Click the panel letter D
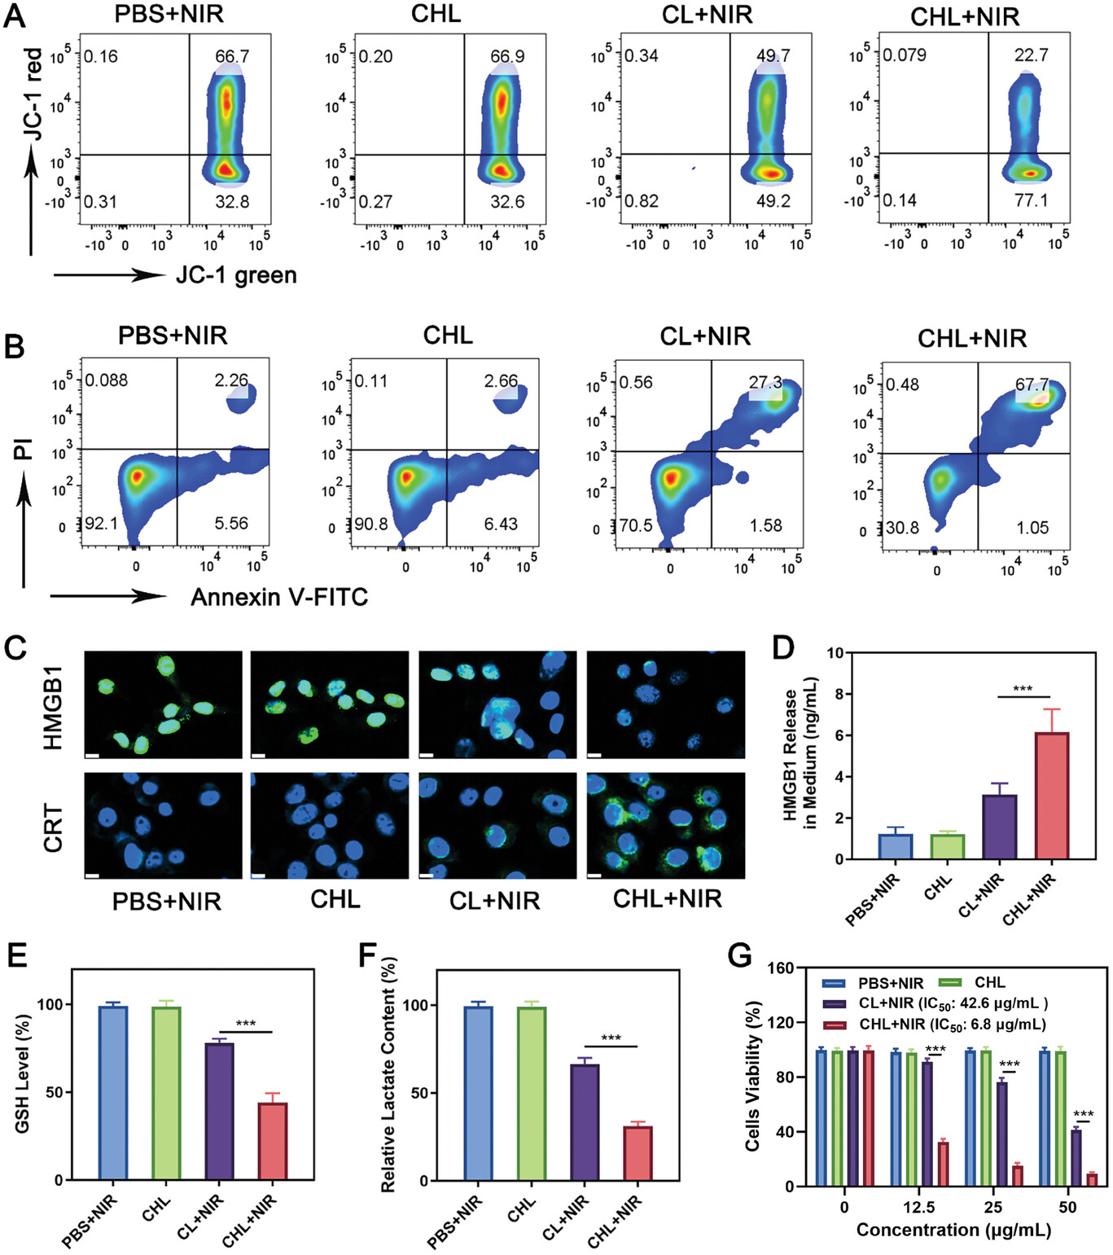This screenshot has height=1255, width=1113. (782, 648)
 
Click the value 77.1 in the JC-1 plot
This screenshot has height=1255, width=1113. (1031, 200)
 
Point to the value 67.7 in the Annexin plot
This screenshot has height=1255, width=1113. (1032, 384)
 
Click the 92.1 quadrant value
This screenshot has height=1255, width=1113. (102, 523)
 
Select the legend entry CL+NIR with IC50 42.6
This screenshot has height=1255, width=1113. (953, 1003)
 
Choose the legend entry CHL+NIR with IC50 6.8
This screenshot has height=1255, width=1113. (953, 1025)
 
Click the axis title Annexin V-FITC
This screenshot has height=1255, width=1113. (279, 597)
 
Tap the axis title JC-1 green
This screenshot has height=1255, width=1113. (236, 275)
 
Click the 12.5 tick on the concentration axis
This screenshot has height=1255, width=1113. (918, 1207)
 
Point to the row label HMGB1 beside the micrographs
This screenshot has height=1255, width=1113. (53, 706)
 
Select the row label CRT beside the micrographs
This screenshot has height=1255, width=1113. (53, 827)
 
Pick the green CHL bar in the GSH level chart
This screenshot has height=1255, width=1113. (166, 1093)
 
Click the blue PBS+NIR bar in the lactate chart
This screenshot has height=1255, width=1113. (478, 1093)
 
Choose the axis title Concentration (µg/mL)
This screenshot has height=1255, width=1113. (953, 1230)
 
